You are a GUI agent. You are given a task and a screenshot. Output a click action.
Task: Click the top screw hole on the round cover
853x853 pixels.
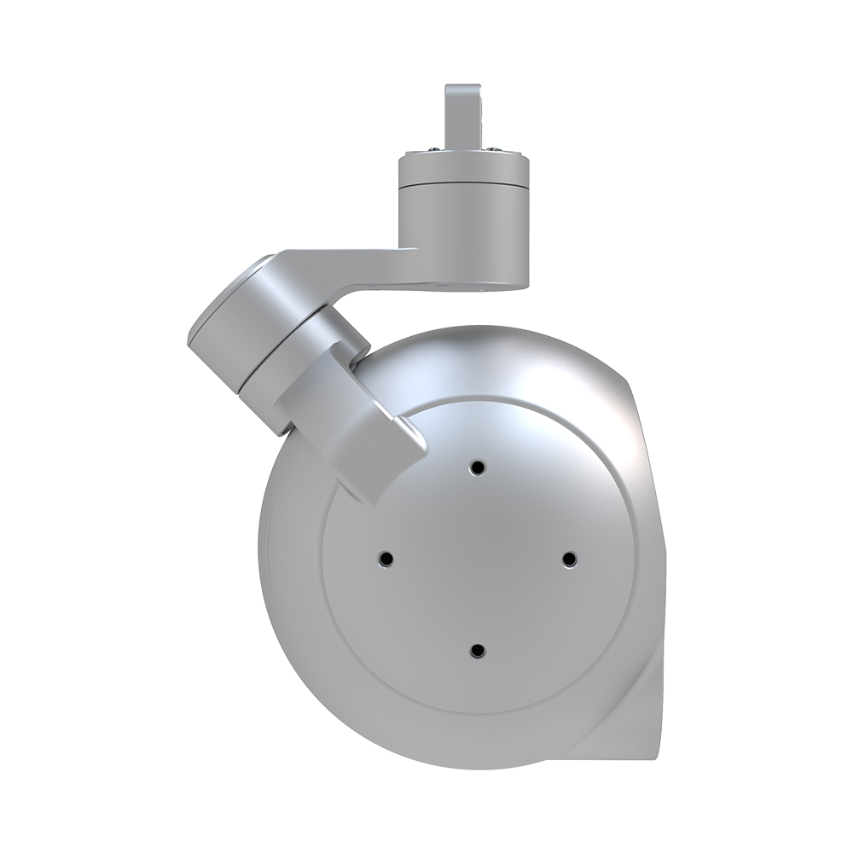[x=478, y=467]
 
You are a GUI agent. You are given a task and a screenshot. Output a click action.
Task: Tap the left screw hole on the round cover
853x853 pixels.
[x=386, y=559]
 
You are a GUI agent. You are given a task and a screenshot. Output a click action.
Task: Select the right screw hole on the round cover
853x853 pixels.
[x=570, y=559]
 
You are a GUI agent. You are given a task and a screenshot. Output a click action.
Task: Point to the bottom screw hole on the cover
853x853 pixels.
[x=478, y=651]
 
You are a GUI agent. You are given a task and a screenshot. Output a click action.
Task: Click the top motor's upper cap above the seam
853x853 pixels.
[x=463, y=169]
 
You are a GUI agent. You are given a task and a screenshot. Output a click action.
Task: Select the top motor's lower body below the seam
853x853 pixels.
[x=463, y=235]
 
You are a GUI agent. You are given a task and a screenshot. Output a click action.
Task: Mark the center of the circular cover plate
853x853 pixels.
[x=478, y=559]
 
